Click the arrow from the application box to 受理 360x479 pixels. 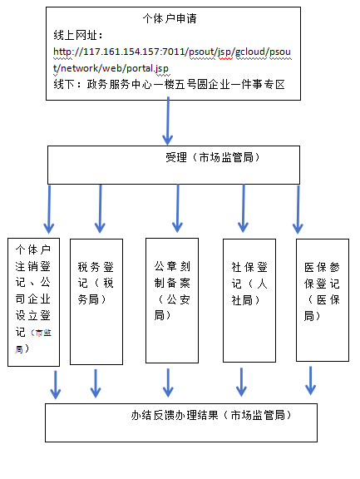167,126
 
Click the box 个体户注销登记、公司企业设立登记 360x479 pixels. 33,299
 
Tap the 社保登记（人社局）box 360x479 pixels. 249,299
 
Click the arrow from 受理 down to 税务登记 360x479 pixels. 101,208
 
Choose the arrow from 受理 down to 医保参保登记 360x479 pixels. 297,208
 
